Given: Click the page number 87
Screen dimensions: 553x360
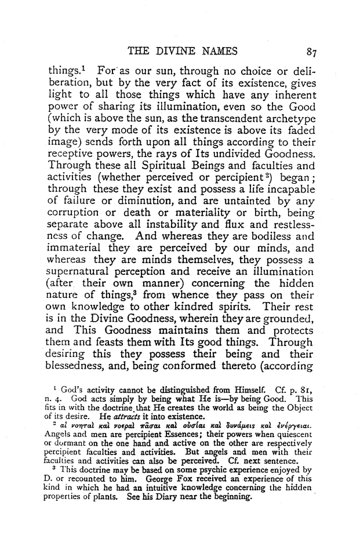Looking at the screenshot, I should coord(312,52).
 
